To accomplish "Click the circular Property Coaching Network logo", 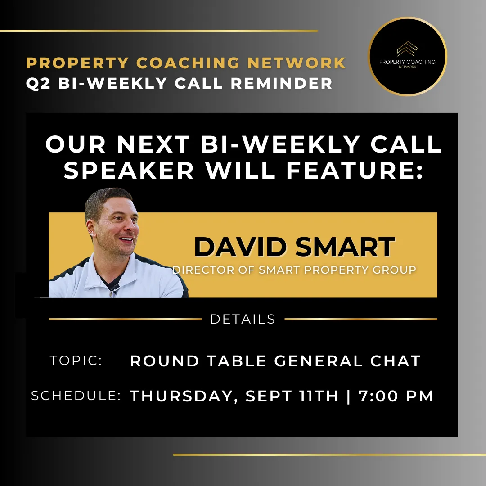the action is [407, 56].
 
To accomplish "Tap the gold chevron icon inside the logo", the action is [408, 49].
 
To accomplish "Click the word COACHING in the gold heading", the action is [188, 63].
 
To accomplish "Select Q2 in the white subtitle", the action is [38, 83].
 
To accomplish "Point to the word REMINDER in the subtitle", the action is [281, 83].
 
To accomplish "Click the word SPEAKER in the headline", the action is [129, 170].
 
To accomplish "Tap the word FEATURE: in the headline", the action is [355, 170].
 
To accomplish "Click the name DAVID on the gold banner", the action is [240, 247].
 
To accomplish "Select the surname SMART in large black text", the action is [345, 247].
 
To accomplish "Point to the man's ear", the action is [91, 228].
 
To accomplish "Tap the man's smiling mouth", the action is [126, 239].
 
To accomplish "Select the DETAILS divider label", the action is [243, 319].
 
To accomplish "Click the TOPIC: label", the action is [76, 360].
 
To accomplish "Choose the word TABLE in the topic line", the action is [237, 361].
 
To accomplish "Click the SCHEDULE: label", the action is [76, 396].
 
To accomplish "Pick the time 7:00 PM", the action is [396, 396].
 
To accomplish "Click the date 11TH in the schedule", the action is [319, 396].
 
